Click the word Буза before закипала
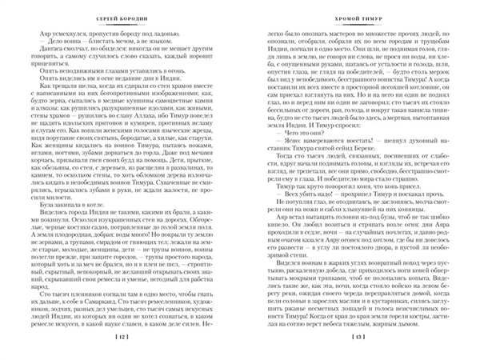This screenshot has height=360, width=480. pos(37,204)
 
